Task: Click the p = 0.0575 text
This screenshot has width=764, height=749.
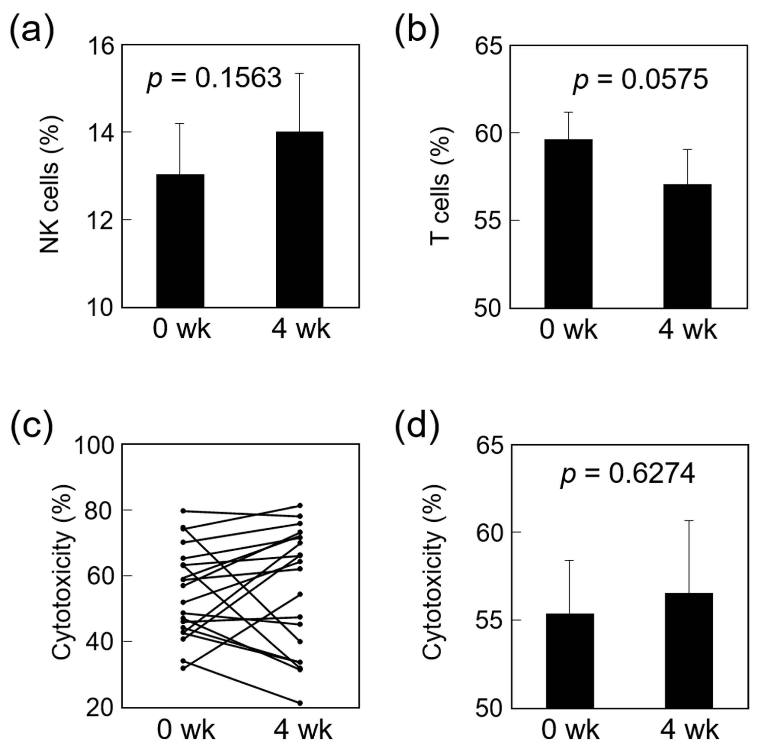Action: tap(640, 80)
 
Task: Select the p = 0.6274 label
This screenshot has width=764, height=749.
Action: tap(628, 474)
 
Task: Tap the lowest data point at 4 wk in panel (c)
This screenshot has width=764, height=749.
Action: tap(300, 703)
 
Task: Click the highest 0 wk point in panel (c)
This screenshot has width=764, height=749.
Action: tap(183, 511)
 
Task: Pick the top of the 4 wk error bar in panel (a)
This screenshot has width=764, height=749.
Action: tap(299, 73)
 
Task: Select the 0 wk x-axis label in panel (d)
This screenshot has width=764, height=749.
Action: tap(570, 731)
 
